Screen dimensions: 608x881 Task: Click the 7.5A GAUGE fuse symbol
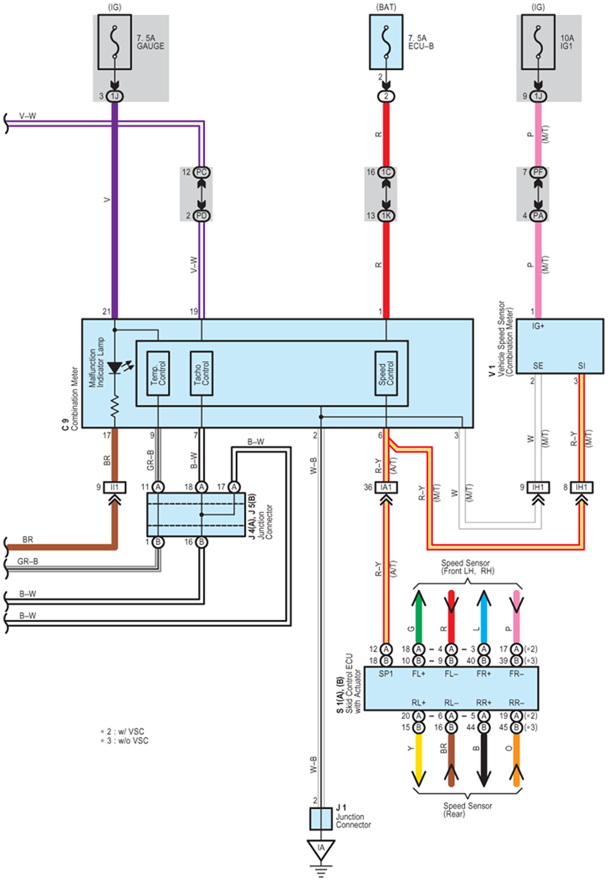click(115, 42)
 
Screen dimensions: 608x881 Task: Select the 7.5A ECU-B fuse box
click(386, 42)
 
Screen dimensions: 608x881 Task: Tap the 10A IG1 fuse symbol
click(538, 42)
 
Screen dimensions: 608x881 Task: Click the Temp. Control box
click(158, 373)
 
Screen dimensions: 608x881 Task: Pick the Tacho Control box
click(202, 373)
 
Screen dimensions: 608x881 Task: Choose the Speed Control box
click(386, 373)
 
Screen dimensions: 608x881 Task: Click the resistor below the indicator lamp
click(115, 406)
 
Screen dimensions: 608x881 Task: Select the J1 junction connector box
click(321, 819)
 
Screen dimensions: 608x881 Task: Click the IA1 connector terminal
click(386, 487)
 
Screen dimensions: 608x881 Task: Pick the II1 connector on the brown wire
click(115, 487)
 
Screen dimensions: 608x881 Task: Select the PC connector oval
click(201, 172)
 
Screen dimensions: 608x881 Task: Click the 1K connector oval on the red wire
click(386, 216)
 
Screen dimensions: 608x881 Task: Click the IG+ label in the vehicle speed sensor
click(538, 326)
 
